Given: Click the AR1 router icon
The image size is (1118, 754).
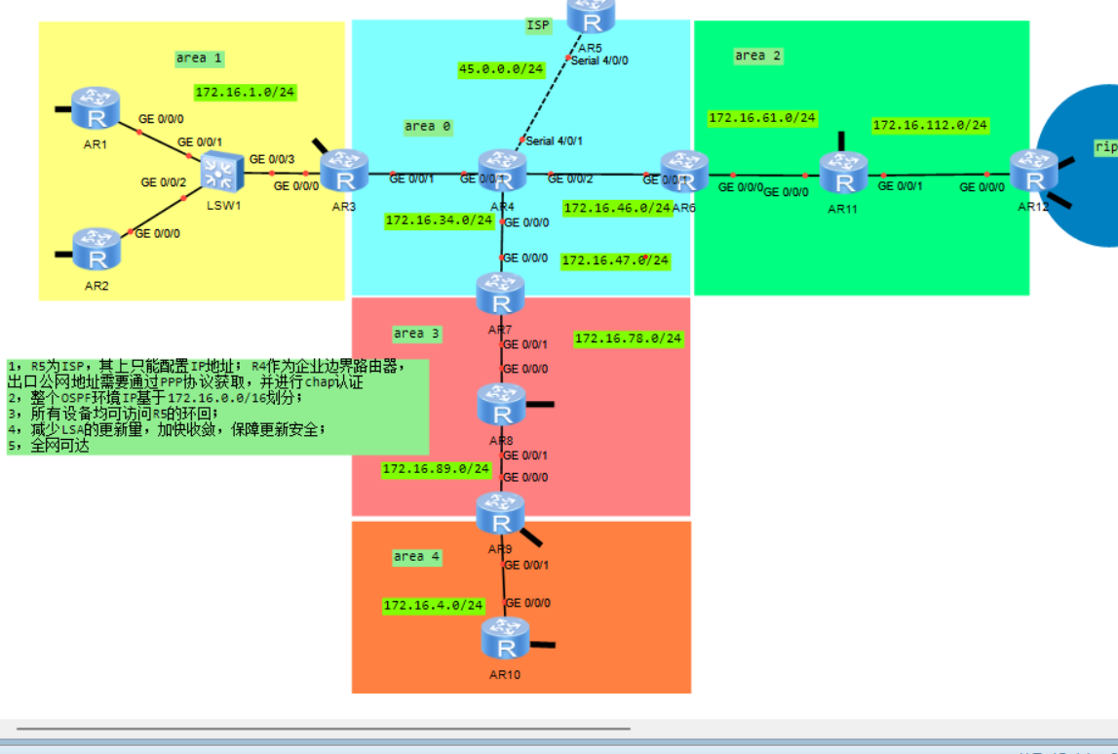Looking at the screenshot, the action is pos(96,108).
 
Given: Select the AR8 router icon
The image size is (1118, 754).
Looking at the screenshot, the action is pos(501,404).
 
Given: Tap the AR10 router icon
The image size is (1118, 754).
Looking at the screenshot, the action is pos(505,640).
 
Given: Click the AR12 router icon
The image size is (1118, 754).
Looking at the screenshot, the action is pos(1033,172).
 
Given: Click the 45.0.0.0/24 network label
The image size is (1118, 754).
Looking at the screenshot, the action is pos(501,69).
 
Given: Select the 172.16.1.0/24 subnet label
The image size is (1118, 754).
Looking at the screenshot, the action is pos(245,93).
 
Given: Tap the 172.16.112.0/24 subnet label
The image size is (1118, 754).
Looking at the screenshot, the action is pos(930,126).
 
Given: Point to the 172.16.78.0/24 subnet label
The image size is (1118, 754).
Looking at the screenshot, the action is pos(628,339).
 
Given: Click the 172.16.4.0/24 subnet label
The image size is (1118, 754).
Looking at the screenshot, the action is pos(433,606).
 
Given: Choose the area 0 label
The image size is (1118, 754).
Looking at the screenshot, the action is pos(428,127).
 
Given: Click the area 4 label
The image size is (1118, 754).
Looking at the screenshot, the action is pos(416,557).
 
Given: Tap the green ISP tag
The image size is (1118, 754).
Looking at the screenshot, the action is pos(538,25).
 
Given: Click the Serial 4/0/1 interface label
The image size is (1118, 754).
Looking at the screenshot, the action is pos(555,140).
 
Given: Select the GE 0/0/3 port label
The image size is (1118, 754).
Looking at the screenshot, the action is pos(272,159).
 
